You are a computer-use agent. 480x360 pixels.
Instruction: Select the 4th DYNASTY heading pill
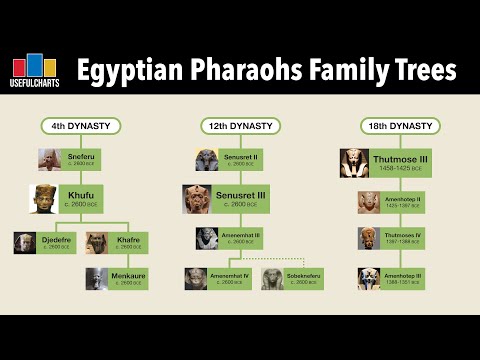point(81,127)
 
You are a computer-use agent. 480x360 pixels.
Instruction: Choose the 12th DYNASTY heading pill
point(241,127)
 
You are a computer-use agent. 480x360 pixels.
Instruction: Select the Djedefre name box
point(54,243)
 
